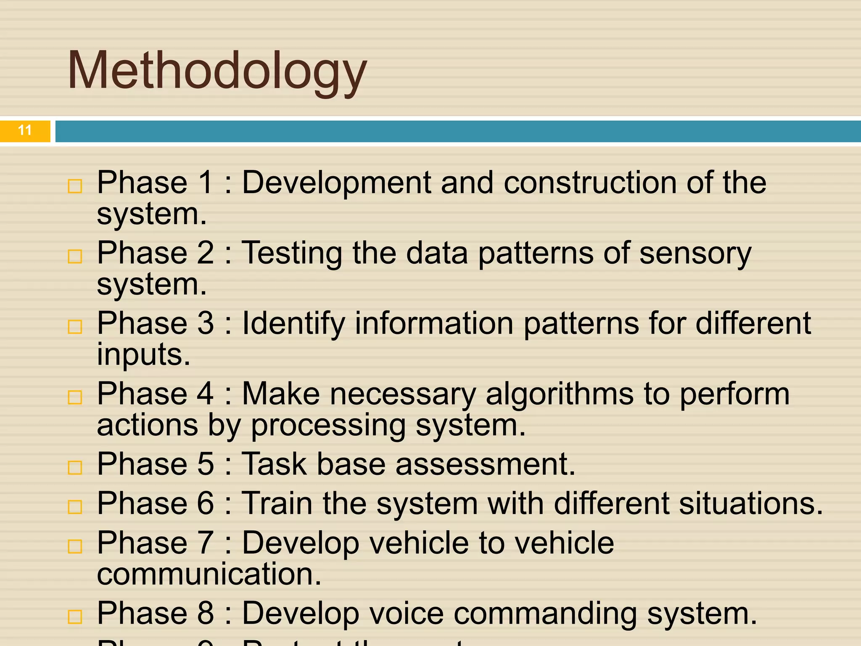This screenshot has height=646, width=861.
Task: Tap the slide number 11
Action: point(25,130)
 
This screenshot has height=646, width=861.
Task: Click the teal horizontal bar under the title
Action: point(457,131)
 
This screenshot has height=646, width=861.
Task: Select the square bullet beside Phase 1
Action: point(75,186)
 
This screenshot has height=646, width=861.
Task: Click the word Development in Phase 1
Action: point(336,183)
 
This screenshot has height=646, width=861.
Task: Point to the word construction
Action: point(590,183)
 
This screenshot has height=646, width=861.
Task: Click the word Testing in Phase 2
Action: point(292,254)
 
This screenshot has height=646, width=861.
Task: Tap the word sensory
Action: point(695,254)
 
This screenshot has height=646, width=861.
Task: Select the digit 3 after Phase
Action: point(206,323)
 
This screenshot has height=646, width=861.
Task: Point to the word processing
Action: point(328,426)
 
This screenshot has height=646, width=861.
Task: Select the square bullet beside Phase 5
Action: point(75,467)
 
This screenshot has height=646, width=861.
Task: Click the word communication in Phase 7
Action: point(209,574)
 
